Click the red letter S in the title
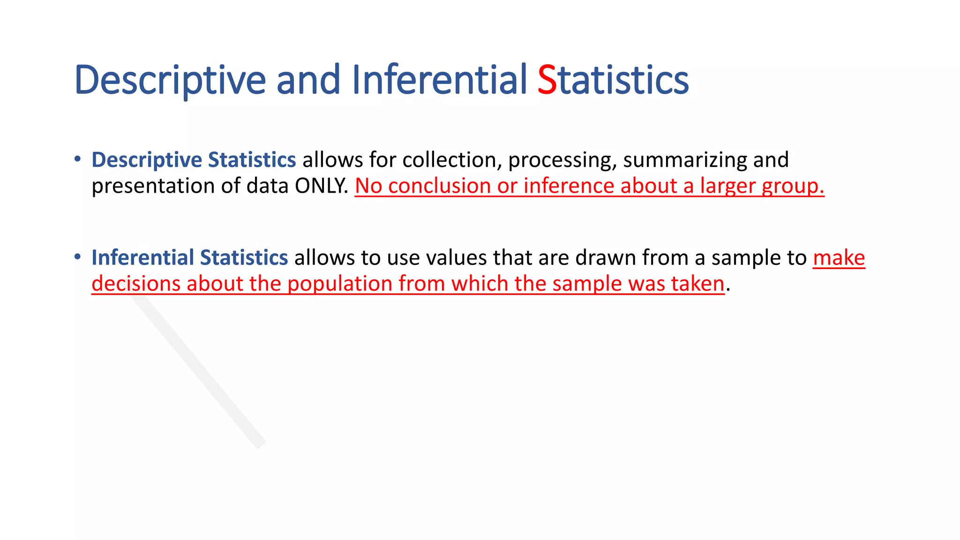point(547,80)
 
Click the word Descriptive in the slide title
point(170,80)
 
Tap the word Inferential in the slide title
point(440,80)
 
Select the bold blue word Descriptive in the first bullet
point(147,160)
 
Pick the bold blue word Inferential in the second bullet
point(142,258)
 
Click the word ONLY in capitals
point(321,186)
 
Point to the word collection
point(452,160)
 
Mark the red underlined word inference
point(568,186)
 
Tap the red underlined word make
point(839,258)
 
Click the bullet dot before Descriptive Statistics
point(78,159)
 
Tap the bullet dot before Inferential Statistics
point(78,256)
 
